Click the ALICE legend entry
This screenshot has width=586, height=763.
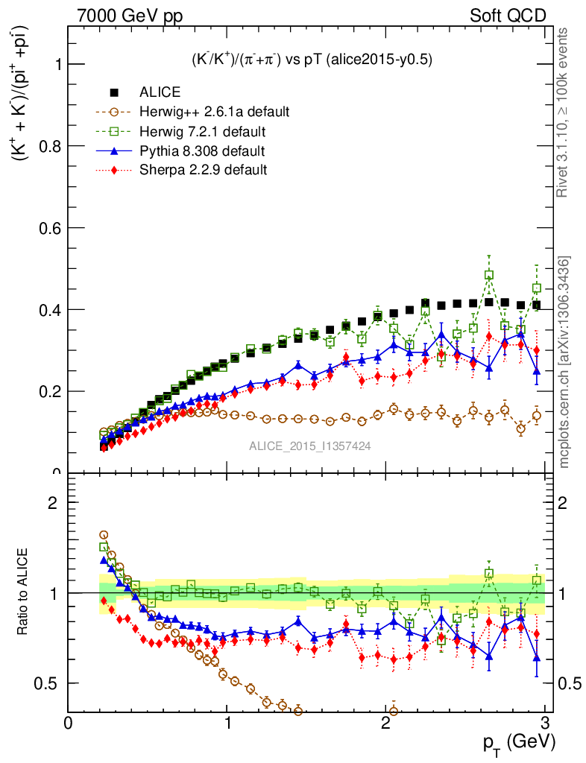(x=160, y=92)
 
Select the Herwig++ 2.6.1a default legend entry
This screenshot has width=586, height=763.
(x=214, y=112)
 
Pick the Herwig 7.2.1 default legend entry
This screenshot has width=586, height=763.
(x=203, y=132)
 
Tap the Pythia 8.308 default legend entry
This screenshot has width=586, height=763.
(x=202, y=151)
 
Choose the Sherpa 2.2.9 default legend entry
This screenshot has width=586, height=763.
(x=203, y=170)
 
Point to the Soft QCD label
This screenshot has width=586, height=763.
(x=507, y=16)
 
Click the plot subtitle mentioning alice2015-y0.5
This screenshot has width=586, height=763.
(x=310, y=59)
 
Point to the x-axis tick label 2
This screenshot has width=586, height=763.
(x=386, y=723)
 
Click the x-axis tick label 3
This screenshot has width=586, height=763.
(x=545, y=723)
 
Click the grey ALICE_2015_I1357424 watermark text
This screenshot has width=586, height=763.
(x=310, y=446)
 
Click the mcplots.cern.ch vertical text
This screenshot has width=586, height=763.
(x=564, y=361)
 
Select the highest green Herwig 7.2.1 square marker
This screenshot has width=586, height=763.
(x=489, y=275)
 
